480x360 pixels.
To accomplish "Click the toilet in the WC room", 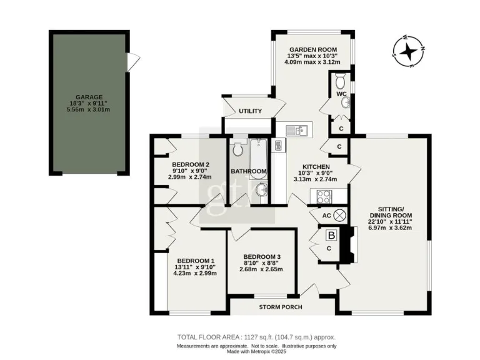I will [340, 81].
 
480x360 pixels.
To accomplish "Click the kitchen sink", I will [297, 130].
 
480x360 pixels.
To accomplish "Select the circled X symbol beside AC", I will [340, 214].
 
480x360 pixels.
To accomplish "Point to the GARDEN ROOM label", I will [313, 50].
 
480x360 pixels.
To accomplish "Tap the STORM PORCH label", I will [281, 307].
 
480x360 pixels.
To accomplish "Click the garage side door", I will [131, 61].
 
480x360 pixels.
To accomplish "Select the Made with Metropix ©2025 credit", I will [257, 351].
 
